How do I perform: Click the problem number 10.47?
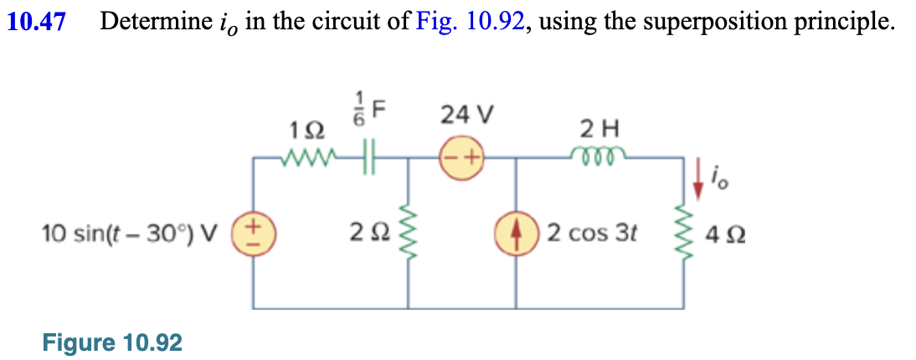click(37, 23)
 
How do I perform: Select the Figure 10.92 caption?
click(112, 342)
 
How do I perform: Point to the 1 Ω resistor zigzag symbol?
click(307, 156)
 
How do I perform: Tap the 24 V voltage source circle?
click(461, 156)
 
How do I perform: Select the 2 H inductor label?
click(599, 130)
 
